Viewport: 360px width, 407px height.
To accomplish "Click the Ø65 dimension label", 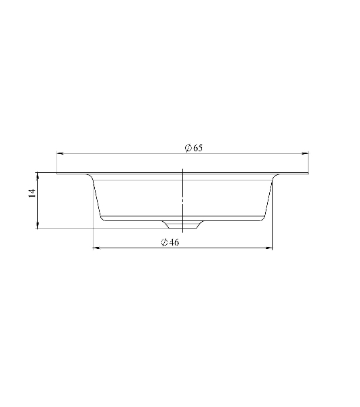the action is tap(193, 148).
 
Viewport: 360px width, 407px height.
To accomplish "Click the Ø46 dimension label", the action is tap(170, 242).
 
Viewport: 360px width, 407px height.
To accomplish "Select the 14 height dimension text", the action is tap(32, 193).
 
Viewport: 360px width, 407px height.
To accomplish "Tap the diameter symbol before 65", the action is tap(188, 148).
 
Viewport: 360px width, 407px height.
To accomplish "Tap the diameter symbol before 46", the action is tap(165, 242).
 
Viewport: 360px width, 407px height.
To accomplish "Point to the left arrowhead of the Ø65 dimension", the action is tap(60, 154).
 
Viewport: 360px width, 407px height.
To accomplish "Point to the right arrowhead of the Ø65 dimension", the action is tap(305, 154).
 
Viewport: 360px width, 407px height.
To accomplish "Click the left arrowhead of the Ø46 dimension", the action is tap(96, 248).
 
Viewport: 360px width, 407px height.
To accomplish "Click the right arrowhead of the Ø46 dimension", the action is tap(269, 248).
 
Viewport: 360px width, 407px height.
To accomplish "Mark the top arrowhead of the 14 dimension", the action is tap(38, 176).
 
